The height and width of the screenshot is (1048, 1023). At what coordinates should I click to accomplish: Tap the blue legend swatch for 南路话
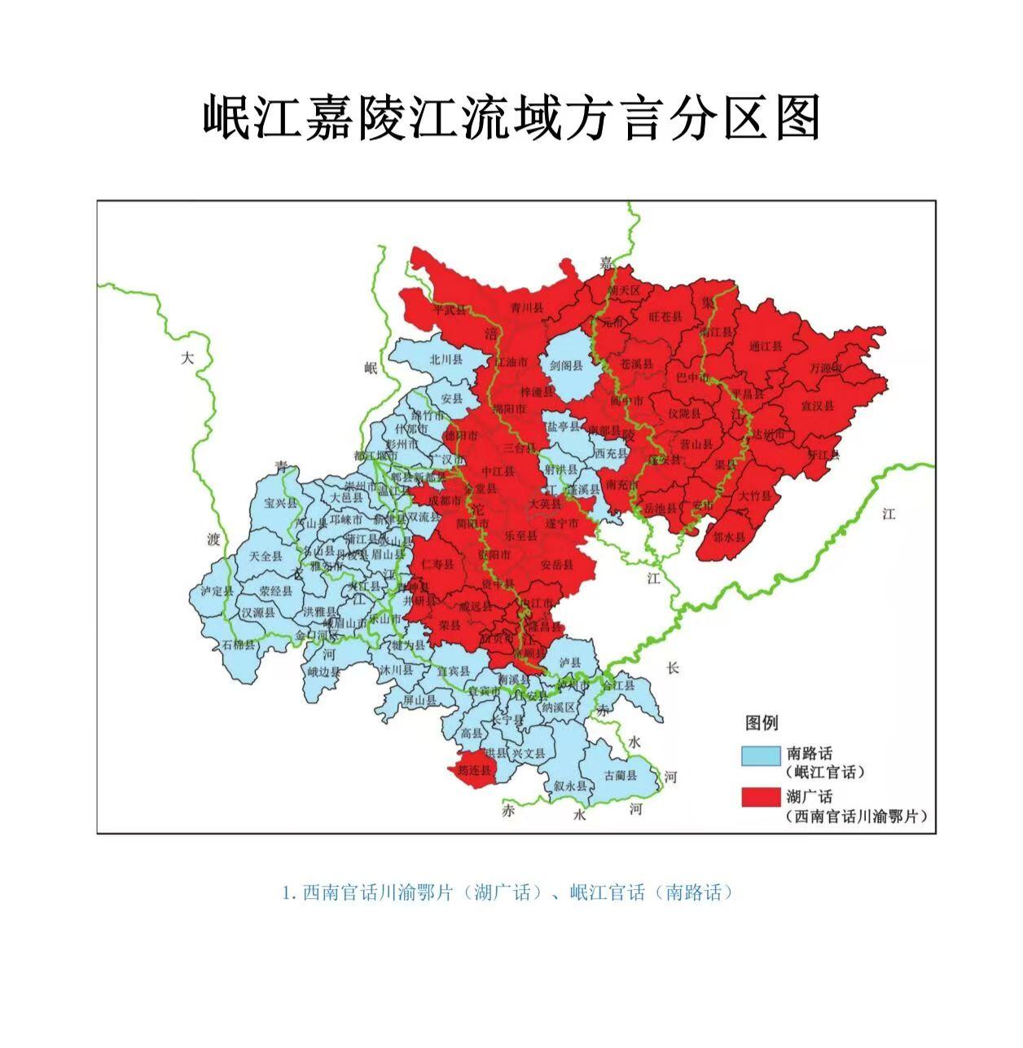[x=760, y=755]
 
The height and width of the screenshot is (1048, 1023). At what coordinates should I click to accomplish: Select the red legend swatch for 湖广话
[x=760, y=797]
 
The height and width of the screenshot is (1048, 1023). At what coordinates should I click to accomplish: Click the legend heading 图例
[x=762, y=722]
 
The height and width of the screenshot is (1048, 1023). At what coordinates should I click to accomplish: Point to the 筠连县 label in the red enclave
[x=474, y=769]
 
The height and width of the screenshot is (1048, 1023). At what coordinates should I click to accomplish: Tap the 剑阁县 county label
[x=567, y=366]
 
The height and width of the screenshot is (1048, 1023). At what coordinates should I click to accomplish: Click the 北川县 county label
[x=446, y=359]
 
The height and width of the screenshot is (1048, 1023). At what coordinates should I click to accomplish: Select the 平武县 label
[x=450, y=310]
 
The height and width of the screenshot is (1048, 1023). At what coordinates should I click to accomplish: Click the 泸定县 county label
[x=217, y=592]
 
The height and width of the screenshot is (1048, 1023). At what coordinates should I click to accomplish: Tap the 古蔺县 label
[x=621, y=775]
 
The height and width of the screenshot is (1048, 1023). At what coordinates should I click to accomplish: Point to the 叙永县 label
[x=570, y=786]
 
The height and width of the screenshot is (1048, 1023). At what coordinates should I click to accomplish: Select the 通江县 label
[x=765, y=346]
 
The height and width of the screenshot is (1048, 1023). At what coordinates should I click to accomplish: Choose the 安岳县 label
[x=557, y=564]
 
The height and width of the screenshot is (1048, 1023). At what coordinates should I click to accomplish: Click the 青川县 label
[x=526, y=308]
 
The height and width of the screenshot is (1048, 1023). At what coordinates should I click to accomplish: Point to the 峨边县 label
[x=323, y=672]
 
